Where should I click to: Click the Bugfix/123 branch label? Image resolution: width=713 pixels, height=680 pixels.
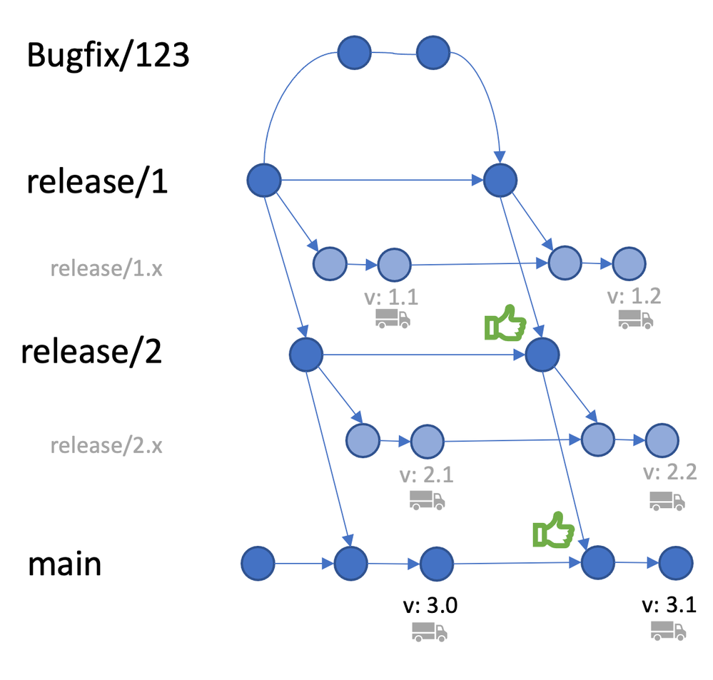point(108,55)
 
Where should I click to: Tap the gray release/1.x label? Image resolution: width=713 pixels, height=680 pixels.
point(107,268)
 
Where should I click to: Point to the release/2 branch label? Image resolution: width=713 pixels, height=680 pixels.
point(91,352)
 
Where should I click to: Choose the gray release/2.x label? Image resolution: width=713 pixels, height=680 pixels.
point(106,447)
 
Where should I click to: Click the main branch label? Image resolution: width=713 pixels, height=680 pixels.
point(64,564)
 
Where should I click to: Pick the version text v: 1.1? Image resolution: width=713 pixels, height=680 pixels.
point(393,295)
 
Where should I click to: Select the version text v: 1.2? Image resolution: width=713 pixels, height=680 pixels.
point(634,295)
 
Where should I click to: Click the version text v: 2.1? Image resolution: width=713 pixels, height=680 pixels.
point(427,474)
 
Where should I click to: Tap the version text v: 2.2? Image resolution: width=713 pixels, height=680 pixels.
point(669,472)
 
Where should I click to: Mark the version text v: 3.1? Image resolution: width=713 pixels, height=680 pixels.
point(669,606)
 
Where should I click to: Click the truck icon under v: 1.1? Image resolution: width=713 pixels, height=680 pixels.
point(393,318)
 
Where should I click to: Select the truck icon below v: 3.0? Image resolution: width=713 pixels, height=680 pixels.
point(429,631)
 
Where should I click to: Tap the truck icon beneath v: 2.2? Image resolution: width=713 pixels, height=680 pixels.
point(667,499)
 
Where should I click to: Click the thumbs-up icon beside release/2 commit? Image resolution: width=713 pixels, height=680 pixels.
point(505,325)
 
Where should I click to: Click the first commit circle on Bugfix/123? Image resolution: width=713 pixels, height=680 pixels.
point(354,53)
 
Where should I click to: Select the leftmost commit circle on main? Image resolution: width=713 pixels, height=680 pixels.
point(258,564)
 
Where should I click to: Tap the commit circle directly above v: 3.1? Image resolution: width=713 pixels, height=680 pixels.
point(674,564)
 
